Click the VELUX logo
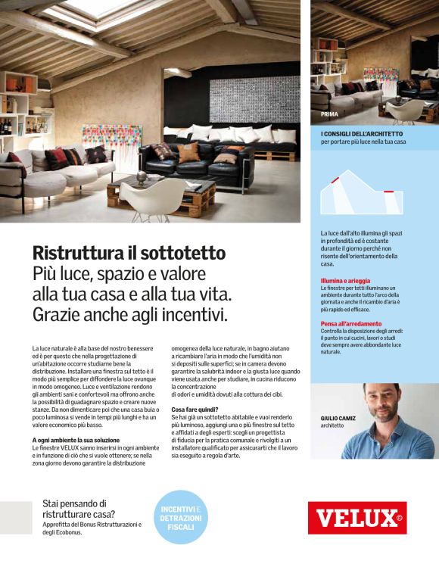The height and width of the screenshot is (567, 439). click(x=356, y=519)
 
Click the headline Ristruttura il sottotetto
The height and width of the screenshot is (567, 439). click(x=129, y=254)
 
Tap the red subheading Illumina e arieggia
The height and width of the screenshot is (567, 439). click(x=344, y=281)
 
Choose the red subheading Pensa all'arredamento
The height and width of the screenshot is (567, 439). click(x=350, y=324)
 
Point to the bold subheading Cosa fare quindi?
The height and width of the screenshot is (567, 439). click(x=195, y=410)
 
